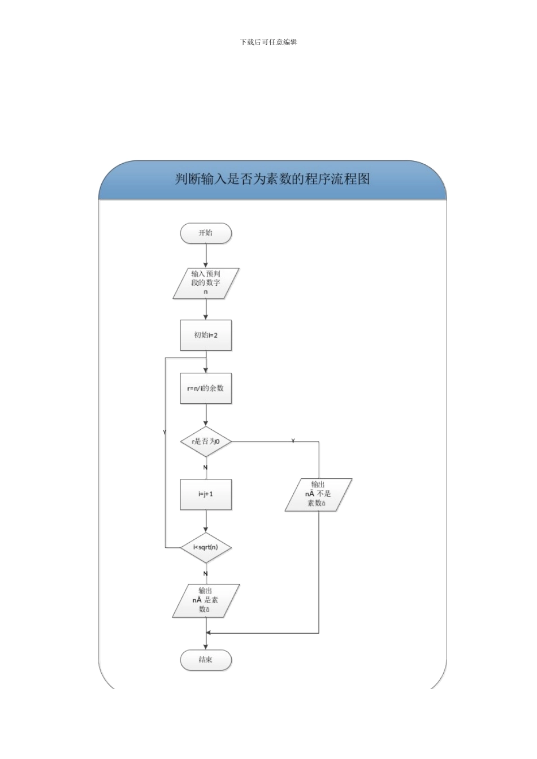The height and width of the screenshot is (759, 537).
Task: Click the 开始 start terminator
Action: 206,233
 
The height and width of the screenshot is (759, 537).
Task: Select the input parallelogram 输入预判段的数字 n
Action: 206,283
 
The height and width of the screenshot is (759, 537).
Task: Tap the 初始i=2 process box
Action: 206,335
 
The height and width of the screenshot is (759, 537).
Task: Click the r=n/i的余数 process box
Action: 206,389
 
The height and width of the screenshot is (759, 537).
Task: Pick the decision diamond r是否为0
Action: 206,441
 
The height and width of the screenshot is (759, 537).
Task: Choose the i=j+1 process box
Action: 206,494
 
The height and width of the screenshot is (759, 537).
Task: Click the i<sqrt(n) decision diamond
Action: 206,547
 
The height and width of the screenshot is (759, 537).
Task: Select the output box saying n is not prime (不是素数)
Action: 319,495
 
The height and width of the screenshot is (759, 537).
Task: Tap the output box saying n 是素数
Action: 206,600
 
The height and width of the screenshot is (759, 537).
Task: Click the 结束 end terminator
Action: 206,660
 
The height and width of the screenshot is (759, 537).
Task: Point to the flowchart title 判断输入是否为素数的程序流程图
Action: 272,180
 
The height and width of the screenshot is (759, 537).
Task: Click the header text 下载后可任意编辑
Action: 268,42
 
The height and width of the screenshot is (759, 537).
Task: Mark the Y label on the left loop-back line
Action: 164,432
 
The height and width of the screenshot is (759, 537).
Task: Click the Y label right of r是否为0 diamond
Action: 293,440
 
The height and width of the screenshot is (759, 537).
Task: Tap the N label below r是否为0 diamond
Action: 205,468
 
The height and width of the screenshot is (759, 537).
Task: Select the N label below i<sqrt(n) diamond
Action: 205,574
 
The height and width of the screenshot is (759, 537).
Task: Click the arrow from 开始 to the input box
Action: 206,256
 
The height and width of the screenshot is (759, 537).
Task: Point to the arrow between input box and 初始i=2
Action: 206,308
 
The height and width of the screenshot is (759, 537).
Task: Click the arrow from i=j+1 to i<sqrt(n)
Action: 206,521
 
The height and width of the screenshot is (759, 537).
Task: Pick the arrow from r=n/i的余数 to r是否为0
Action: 206,415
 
